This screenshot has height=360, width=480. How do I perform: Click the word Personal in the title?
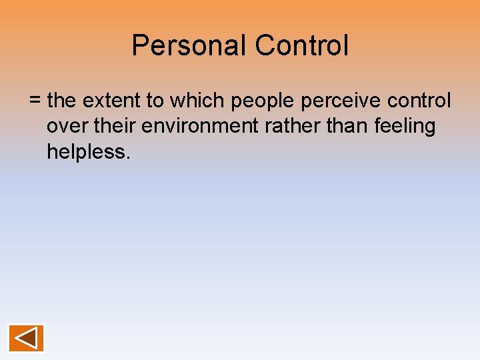(189, 46)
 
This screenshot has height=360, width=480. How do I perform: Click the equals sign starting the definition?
(35, 101)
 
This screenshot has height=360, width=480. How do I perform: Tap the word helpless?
(85, 151)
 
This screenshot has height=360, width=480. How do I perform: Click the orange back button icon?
(27, 338)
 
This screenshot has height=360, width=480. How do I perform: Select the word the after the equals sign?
(62, 101)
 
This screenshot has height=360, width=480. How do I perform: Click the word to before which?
(155, 101)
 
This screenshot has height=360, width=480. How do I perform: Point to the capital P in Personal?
(140, 46)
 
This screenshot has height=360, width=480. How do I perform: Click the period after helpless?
(127, 157)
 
